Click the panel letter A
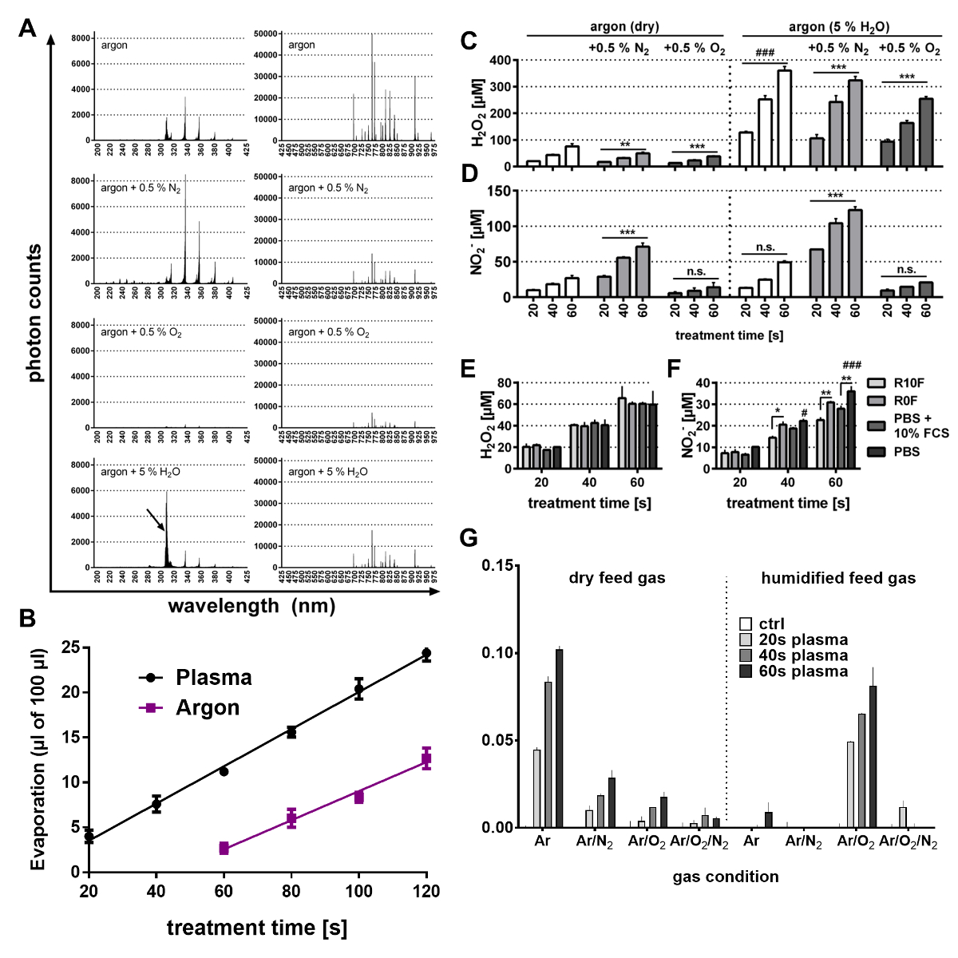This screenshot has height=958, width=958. [28, 29]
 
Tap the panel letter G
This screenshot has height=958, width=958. [469, 538]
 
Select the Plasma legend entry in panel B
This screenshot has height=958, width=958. [213, 678]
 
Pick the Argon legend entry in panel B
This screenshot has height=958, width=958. [208, 708]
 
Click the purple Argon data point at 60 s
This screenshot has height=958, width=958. [224, 848]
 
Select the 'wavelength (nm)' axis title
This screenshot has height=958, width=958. [251, 606]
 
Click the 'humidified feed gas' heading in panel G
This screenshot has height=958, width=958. [838, 578]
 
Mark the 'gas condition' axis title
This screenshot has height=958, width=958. [725, 877]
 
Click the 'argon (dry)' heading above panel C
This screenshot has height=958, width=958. [624, 26]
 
